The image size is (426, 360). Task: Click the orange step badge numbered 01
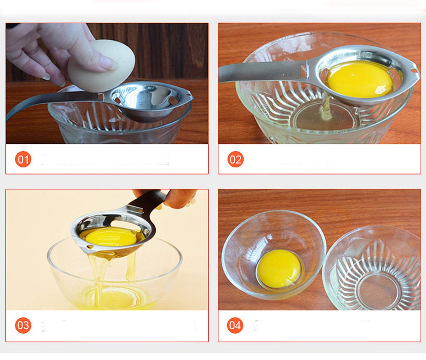tap(23, 159)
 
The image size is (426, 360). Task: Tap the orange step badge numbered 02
tap(236, 159)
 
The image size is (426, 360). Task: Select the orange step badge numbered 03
tap(23, 325)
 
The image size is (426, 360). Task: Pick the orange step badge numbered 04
tap(235, 325)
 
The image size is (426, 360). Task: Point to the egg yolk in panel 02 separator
tap(360, 79)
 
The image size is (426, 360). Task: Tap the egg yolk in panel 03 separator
tap(112, 238)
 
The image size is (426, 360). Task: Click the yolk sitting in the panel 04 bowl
tap(279, 269)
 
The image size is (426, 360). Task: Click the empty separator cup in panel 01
tap(144, 99)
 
